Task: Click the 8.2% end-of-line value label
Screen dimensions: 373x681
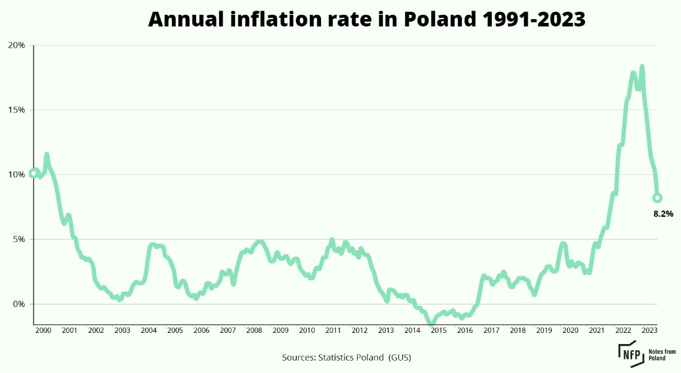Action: click(663, 214)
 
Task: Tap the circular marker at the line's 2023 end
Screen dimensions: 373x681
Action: click(657, 198)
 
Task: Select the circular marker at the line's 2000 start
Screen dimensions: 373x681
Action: click(33, 174)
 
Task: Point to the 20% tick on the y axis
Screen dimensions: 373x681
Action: click(17, 45)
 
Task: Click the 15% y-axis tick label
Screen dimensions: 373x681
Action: click(17, 110)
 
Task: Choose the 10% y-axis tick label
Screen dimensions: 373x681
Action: click(17, 175)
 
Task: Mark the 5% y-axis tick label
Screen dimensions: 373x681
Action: click(19, 240)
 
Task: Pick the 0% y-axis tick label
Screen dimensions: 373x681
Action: click(19, 304)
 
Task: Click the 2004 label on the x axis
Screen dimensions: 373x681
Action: click(148, 330)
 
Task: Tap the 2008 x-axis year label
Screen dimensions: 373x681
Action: click(254, 330)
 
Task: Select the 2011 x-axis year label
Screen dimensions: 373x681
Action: click(333, 330)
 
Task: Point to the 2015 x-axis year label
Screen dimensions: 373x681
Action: click(438, 330)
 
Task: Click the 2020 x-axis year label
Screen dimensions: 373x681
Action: click(570, 330)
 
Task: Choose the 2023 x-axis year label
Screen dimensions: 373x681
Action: click(649, 330)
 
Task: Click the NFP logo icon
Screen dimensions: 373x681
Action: click(630, 350)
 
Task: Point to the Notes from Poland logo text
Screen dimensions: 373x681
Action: click(662, 354)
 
